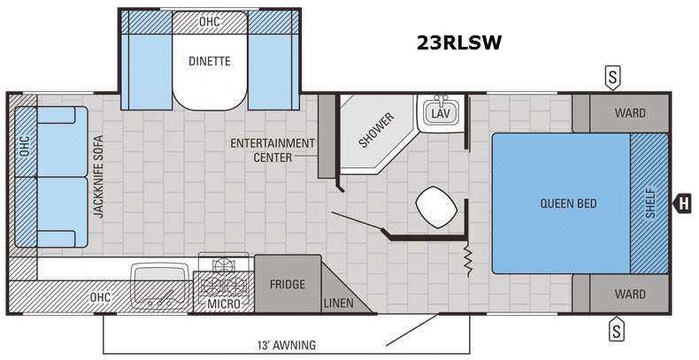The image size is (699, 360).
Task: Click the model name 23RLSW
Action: coord(459,42)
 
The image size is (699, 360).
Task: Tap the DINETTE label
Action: coord(210,61)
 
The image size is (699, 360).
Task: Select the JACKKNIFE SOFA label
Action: coord(98,176)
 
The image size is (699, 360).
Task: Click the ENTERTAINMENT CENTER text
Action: coord(273,150)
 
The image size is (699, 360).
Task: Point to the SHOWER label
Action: coord(377,130)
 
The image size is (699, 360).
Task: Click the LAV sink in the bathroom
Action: coord(441,112)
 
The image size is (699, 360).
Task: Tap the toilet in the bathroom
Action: coord(436,207)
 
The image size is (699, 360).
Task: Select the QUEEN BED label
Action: coord(568,203)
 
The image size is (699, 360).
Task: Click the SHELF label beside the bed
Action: coord(650,203)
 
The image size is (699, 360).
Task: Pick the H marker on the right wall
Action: coord(682,203)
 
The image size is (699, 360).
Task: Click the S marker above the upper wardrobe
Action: coord(613,79)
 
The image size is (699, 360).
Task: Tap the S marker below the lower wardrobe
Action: coord(617,329)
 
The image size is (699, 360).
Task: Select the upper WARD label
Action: coord(630,113)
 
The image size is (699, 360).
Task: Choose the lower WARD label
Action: coord(630,294)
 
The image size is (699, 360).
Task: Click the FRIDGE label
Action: coord(287,284)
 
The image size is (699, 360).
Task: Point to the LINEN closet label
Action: coord(338,303)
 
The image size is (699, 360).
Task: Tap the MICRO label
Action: coord(224,304)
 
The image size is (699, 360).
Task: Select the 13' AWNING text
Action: coord(286,345)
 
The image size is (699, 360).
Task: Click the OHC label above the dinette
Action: coord(210,21)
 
